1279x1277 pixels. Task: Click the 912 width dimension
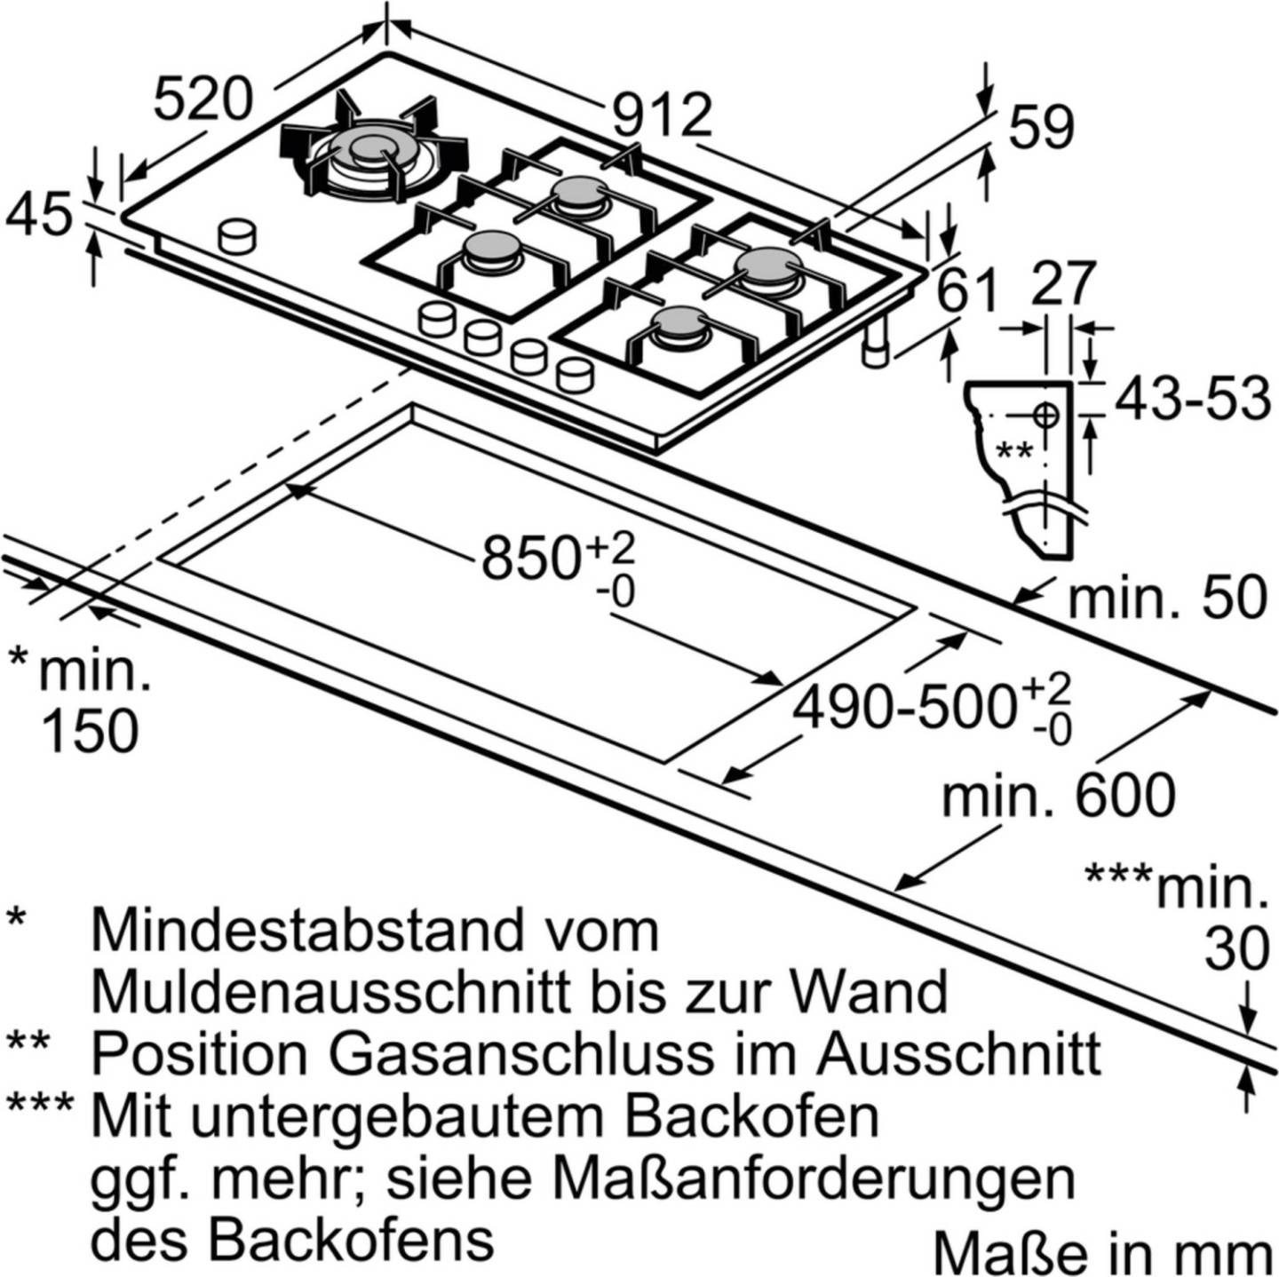(662, 116)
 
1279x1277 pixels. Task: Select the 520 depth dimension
(203, 99)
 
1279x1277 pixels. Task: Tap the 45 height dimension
(37, 213)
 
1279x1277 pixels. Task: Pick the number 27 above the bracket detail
(1061, 283)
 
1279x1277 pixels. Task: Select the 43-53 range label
(1192, 400)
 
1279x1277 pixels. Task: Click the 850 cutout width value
(529, 558)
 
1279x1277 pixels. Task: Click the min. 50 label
(1167, 598)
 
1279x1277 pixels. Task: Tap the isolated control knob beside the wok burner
(236, 236)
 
